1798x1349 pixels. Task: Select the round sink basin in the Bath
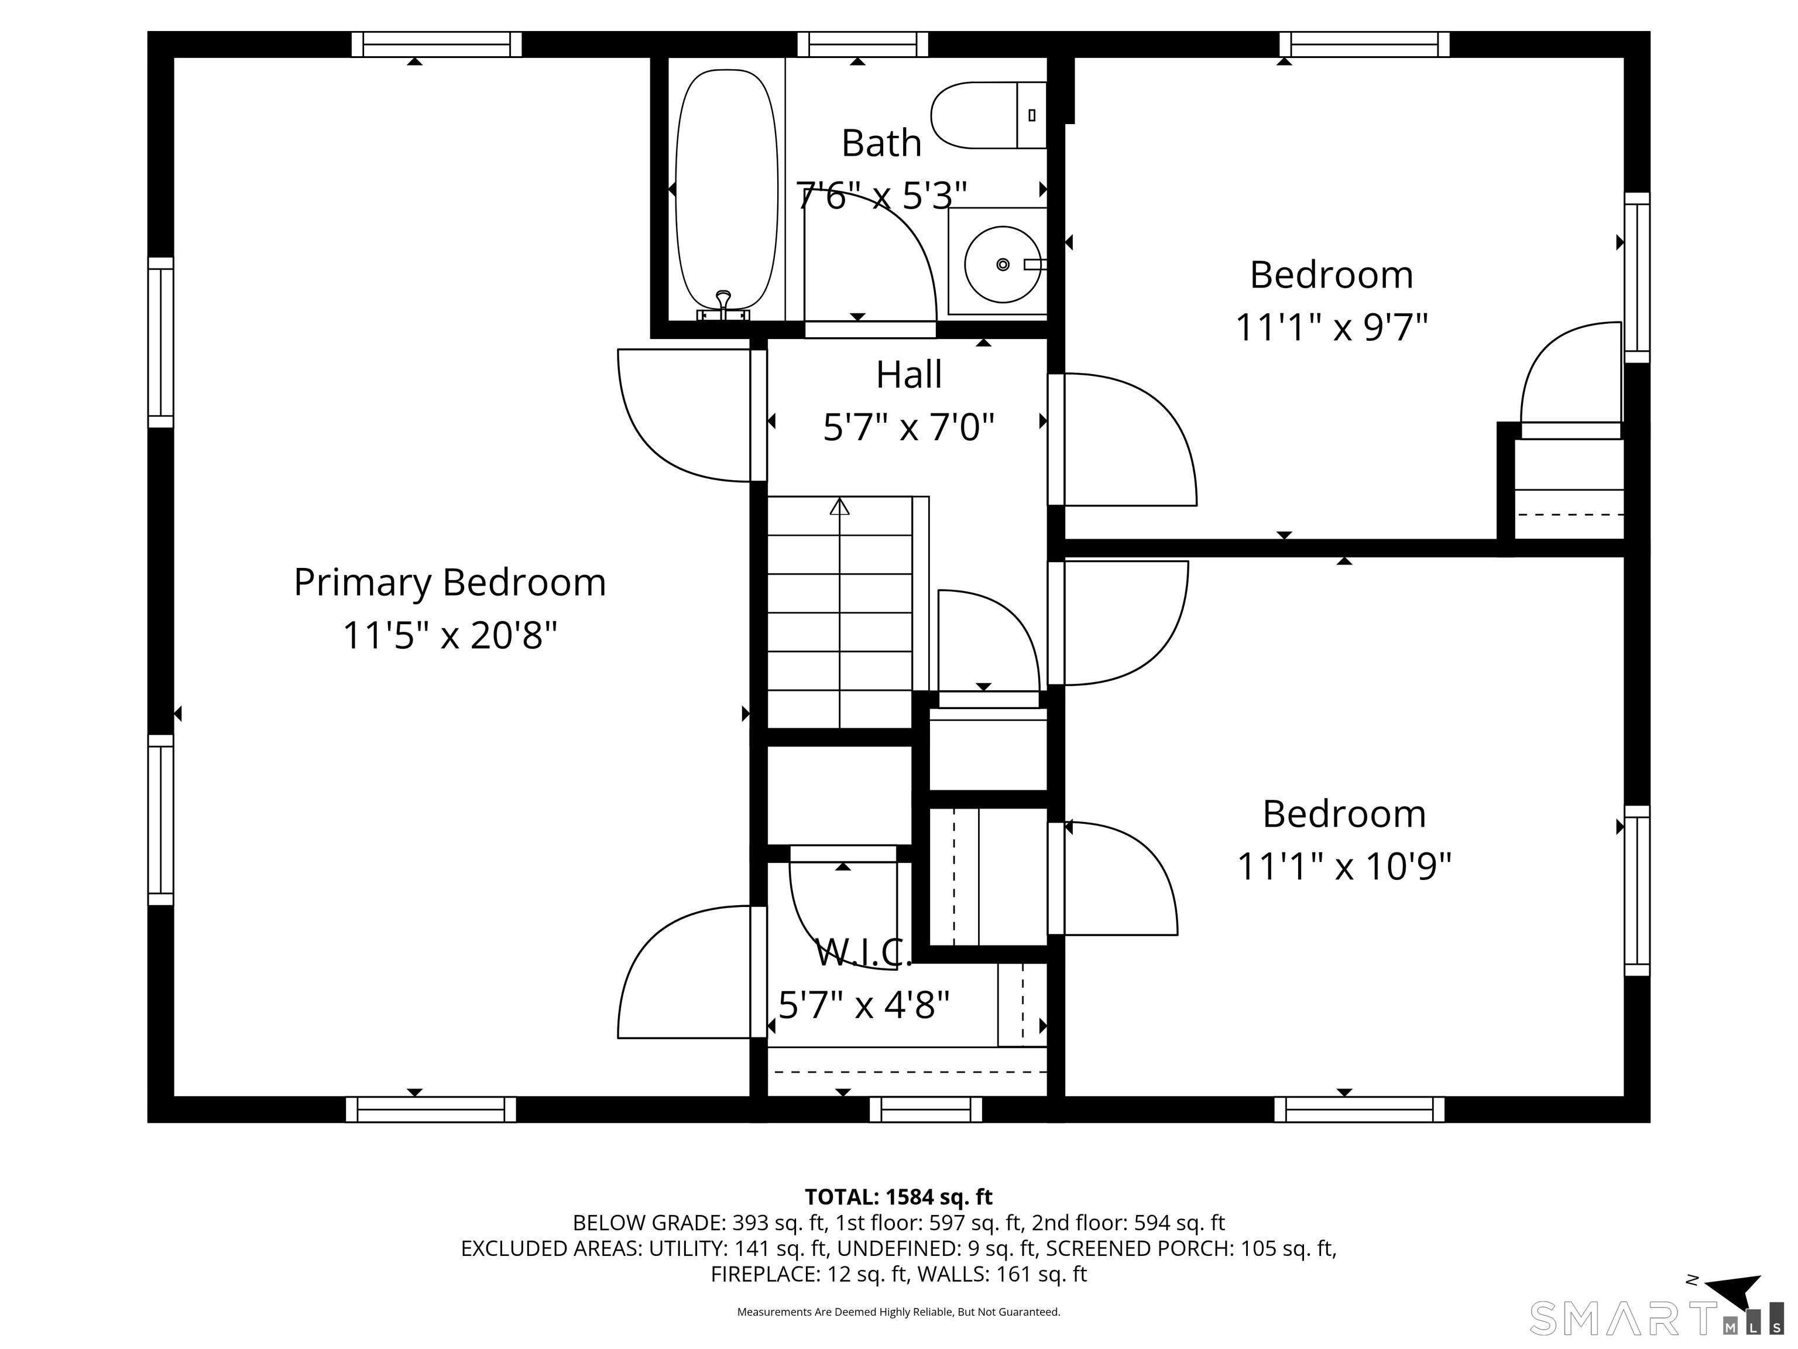pos(1002,264)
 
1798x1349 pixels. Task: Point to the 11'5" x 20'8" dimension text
pos(449,635)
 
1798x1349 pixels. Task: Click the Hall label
pos(909,375)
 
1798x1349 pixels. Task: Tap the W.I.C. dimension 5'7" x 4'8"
pos(864,1005)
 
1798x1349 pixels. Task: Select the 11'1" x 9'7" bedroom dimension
pos(1332,328)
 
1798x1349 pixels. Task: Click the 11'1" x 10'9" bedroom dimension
pos(1344,866)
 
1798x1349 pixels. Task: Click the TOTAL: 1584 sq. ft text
pos(898,1197)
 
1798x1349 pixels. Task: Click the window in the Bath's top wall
pos(863,44)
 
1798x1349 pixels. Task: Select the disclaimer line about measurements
pos(898,1312)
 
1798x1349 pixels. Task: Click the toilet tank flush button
pos(1031,115)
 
